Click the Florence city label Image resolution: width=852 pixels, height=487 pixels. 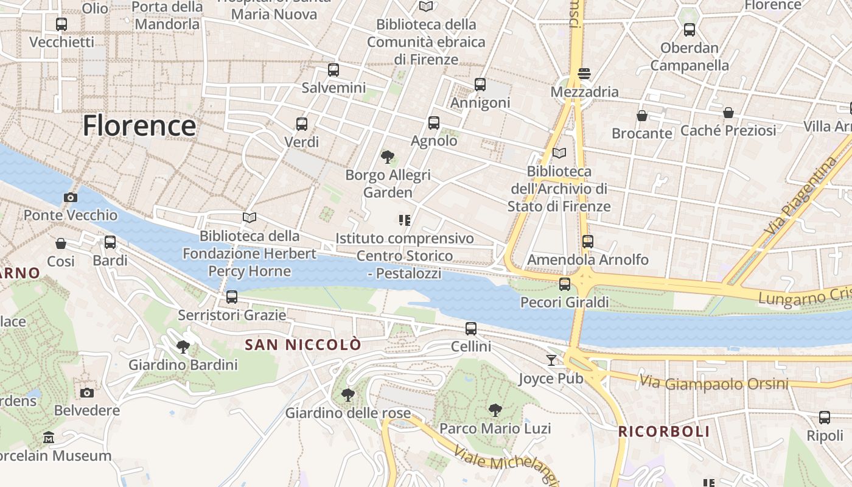point(139,126)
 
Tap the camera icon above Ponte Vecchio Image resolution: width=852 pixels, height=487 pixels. point(71,197)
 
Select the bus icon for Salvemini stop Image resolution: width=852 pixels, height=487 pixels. point(333,69)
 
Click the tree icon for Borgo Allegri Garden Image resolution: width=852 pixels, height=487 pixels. point(387,157)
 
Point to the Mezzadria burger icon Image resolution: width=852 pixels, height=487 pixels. point(584,74)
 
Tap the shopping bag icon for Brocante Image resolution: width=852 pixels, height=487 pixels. point(641,115)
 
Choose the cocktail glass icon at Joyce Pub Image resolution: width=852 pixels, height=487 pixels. point(551,360)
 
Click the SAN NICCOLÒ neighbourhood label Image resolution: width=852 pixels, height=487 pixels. point(302,345)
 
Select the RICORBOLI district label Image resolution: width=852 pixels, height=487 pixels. point(664,432)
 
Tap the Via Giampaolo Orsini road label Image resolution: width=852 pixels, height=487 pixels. point(713,384)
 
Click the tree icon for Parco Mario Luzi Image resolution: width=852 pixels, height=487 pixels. point(495,410)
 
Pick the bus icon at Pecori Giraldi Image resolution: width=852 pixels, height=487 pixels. point(565,284)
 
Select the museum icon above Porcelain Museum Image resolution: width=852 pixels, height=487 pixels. point(49,437)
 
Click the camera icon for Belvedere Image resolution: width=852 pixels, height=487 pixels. point(87,393)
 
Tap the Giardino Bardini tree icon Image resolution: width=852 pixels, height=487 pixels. point(183,347)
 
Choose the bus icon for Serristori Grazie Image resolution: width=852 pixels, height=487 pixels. point(231,297)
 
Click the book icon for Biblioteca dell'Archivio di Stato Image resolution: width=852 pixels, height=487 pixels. point(559,153)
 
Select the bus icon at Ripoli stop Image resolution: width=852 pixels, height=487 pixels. point(825,418)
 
